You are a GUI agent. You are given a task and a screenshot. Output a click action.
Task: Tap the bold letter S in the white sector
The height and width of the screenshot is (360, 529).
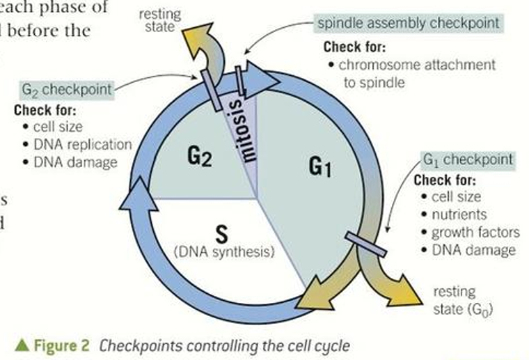click(x=226, y=232)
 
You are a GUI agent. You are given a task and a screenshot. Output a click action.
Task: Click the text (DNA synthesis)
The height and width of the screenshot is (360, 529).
click(x=227, y=251)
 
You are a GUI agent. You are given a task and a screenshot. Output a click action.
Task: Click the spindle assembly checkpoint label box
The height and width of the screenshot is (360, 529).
click(x=408, y=23)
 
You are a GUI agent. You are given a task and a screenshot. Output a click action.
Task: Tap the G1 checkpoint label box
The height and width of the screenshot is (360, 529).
click(x=468, y=159)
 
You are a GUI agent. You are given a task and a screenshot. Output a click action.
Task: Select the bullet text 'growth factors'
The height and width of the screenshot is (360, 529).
click(x=474, y=233)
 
